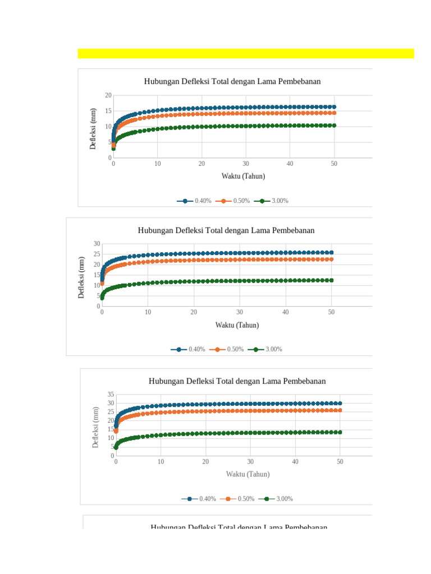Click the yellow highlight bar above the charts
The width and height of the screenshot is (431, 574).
(245, 53)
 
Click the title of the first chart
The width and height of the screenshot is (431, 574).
(232, 81)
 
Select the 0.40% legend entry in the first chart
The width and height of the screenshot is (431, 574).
(194, 201)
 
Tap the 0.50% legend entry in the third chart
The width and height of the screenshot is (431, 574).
(237, 499)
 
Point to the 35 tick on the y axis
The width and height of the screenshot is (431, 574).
(111, 395)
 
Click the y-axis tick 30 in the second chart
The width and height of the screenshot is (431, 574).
(97, 243)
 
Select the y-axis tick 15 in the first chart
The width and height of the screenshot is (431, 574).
(108, 111)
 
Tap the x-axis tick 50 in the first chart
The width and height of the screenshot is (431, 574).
(334, 164)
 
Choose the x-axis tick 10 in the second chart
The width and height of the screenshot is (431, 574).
(148, 312)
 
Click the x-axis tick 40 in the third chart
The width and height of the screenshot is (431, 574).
(295, 461)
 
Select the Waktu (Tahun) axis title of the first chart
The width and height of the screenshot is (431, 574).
(243, 176)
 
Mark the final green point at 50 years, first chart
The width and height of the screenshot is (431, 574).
(334, 126)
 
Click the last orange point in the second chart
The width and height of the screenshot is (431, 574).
(331, 259)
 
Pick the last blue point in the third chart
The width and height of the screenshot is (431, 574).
(340, 403)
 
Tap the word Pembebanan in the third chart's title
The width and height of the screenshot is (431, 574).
(305, 381)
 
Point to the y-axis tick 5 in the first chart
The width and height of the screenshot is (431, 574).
(109, 142)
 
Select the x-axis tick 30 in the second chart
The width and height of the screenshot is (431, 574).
(240, 312)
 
